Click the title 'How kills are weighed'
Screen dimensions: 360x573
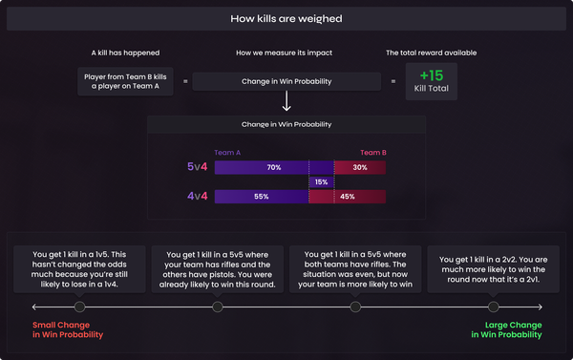click(x=286, y=18)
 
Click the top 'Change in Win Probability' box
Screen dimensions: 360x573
click(x=286, y=82)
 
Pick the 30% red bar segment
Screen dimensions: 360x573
click(x=360, y=167)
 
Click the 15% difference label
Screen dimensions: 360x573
click(x=321, y=182)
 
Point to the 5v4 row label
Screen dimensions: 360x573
click(x=198, y=167)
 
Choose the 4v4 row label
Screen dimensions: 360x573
click(x=198, y=197)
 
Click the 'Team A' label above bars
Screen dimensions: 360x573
click(x=228, y=153)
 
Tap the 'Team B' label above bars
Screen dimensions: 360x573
click(x=372, y=153)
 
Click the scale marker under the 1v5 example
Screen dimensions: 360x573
click(x=79, y=307)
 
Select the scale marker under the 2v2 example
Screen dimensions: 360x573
click(x=493, y=307)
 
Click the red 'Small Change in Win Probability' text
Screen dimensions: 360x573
click(x=68, y=330)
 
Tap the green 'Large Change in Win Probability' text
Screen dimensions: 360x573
click(x=505, y=330)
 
